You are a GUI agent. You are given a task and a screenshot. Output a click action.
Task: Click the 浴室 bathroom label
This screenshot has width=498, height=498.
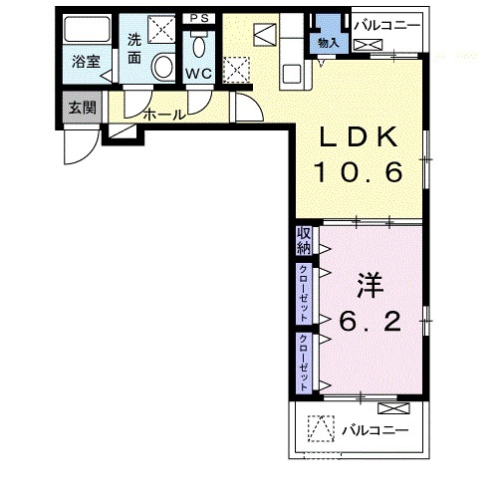86,62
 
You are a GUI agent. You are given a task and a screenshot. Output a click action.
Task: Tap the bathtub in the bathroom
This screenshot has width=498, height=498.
87,28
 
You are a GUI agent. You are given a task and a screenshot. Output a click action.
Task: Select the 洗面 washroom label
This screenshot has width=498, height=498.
134,49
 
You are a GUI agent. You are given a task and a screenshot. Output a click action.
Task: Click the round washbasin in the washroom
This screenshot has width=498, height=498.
163,66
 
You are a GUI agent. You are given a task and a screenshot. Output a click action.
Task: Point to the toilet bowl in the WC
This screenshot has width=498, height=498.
199,47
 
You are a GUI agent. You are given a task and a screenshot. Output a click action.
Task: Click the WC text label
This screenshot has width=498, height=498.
199,74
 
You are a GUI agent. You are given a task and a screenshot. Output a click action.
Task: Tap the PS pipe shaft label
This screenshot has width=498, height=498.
199,18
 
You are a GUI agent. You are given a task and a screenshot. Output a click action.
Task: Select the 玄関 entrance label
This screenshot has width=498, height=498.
83,108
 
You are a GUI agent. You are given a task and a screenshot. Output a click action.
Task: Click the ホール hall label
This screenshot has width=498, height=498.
164,115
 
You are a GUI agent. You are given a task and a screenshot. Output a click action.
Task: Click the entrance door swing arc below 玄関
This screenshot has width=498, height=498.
90,153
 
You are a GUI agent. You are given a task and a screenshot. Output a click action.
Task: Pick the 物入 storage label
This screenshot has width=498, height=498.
329,43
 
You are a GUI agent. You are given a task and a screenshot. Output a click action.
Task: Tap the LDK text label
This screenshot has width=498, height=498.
359,136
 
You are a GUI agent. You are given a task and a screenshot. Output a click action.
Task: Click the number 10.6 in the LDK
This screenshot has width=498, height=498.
360,172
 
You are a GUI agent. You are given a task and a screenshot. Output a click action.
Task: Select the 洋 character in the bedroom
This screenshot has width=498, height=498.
371,286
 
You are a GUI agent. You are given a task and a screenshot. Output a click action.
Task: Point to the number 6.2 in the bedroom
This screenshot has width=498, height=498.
370,322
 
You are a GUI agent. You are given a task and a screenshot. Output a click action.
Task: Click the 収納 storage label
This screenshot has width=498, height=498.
304,241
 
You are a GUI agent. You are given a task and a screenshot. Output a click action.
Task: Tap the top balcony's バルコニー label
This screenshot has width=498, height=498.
387,26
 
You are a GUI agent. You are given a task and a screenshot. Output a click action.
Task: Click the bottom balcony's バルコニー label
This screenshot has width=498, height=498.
375,430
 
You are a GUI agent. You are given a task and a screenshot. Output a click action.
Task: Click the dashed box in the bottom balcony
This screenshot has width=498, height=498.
321,428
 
